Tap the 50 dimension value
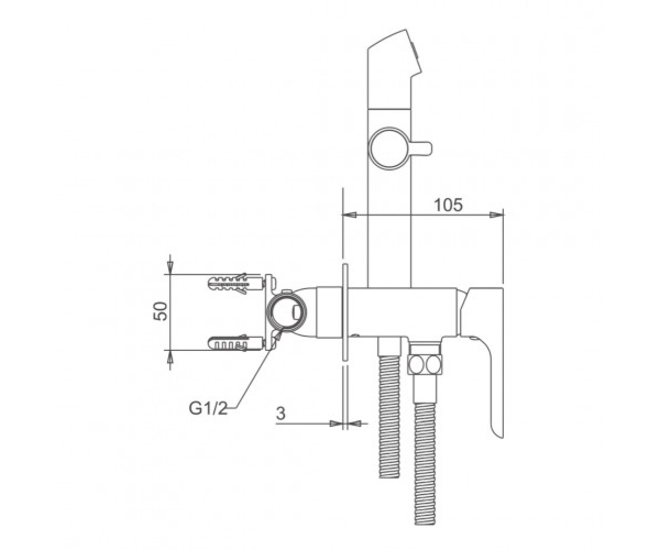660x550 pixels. (161, 312)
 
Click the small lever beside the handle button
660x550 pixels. (421, 148)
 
